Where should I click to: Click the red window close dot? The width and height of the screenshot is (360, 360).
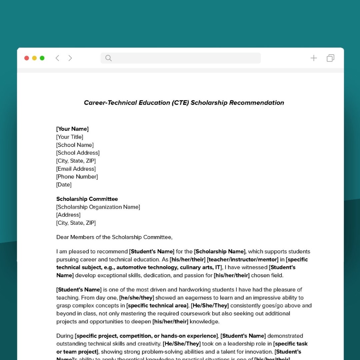(x=27, y=58)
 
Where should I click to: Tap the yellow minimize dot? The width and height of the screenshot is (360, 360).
(x=34, y=58)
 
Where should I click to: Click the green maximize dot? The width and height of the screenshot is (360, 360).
(x=42, y=58)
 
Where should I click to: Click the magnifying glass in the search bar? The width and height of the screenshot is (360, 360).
(x=108, y=58)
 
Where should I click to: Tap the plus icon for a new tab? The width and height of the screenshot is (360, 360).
(x=314, y=58)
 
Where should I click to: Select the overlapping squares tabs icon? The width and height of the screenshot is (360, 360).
(x=330, y=58)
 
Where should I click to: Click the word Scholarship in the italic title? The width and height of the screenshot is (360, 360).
(x=209, y=103)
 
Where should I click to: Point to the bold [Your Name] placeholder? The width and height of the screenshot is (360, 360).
(x=72, y=129)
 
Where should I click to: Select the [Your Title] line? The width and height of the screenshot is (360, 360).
(x=70, y=137)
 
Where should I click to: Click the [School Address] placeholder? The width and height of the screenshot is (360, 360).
(x=78, y=153)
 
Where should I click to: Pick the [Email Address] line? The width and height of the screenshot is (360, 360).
(x=76, y=169)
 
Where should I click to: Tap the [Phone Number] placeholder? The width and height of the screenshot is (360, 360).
(x=77, y=177)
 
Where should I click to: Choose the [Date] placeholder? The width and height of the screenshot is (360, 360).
(x=64, y=185)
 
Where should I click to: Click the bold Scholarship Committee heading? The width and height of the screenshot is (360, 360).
(x=87, y=199)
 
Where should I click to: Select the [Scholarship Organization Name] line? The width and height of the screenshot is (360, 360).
(x=98, y=207)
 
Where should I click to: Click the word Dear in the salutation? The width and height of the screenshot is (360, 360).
(x=62, y=237)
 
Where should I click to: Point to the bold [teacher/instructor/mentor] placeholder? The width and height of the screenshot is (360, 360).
(x=242, y=260)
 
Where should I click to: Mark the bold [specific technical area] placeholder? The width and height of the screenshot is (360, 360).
(x=157, y=306)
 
